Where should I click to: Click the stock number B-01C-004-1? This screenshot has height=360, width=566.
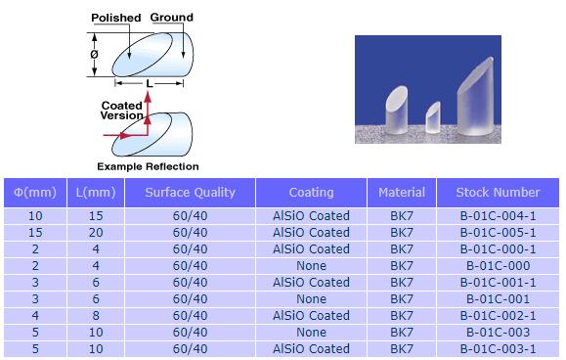pos(498,215)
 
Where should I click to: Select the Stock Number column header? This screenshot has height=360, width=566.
pos(498,193)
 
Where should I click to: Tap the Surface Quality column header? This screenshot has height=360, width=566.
pos(190,193)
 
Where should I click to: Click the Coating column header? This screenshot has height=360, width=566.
pos(311,193)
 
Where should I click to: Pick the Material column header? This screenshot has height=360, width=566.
pos(402,193)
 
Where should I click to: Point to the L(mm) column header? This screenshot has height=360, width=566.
pos(95,193)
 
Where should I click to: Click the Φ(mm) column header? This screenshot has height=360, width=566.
pos(36,193)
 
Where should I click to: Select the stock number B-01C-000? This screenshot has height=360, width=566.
pos(498,265)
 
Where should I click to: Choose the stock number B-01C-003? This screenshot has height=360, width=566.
pos(498,332)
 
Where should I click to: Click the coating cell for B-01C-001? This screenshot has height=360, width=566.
pos(311,298)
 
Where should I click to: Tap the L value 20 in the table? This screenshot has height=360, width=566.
pos(95,232)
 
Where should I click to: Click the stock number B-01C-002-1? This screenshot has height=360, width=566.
pos(498,315)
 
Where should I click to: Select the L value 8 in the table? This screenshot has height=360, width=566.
pos(95,315)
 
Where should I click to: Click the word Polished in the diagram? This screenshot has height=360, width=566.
pos(116,18)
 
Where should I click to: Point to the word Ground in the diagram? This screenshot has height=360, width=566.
pos(171,17)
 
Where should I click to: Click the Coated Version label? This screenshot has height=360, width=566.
pos(121,110)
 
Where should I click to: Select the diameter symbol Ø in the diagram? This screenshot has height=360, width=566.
pos(94,56)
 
